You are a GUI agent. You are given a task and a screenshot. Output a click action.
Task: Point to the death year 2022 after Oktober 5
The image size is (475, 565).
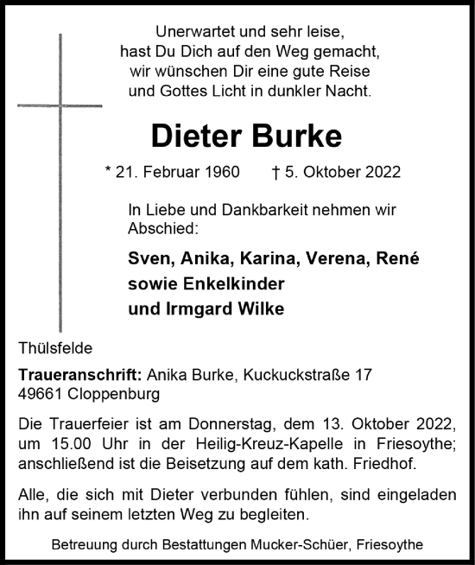(383, 173)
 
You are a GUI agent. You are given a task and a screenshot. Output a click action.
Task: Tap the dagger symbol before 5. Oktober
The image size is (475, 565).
(275, 173)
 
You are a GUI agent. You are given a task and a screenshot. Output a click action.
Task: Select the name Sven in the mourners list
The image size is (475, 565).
(146, 259)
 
